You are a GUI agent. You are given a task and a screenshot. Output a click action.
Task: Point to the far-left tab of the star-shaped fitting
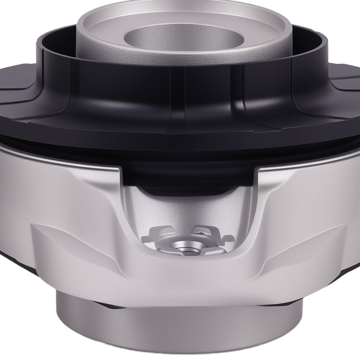click(147, 238)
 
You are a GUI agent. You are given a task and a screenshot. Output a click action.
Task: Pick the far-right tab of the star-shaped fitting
click(228, 238)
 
